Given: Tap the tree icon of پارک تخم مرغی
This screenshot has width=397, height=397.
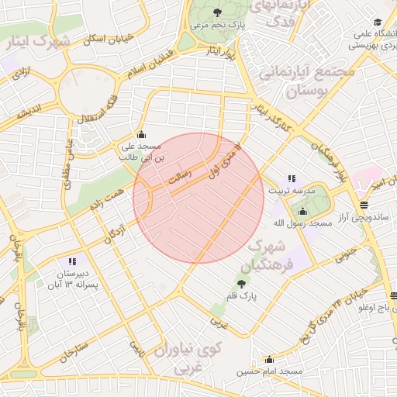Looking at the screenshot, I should tap(217, 12).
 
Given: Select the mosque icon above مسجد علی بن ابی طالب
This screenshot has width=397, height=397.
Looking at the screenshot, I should tap(140, 134).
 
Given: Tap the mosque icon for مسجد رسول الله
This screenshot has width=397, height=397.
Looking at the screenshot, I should tap(302, 211).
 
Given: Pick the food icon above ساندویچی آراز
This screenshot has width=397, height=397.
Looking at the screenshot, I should tap(364, 205).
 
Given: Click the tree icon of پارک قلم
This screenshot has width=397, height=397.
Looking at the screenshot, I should tap(243, 284).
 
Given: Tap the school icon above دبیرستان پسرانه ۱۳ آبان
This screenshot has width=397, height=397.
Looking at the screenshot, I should tap(72, 262).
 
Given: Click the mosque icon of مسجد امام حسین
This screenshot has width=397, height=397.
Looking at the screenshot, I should tap(269, 359).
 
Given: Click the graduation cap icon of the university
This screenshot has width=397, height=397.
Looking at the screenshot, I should tap(378, 22).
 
